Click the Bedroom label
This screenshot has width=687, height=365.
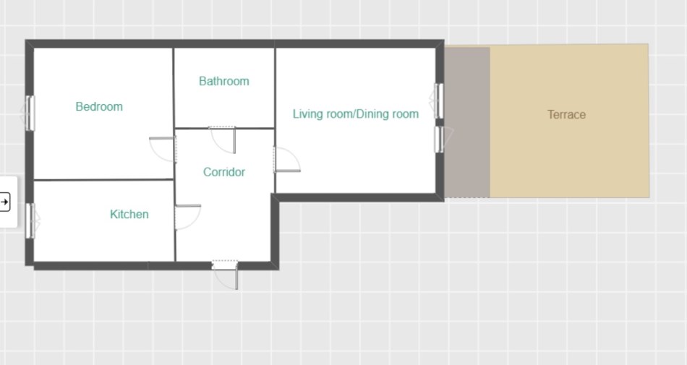(99, 107)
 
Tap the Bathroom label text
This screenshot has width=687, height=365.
(224, 82)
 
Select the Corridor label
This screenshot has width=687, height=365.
(224, 172)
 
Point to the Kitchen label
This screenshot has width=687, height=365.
(129, 215)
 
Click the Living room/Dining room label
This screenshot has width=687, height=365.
(356, 114)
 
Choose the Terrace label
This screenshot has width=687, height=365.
(566, 115)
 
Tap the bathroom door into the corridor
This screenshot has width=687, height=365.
(223, 140)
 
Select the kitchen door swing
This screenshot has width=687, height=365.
(193, 221)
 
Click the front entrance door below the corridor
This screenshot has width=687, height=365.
(225, 275)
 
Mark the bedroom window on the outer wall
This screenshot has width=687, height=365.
(30, 113)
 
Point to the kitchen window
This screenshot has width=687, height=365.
(30, 221)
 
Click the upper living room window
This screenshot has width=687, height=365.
(438, 101)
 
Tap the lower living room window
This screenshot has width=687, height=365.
(440, 139)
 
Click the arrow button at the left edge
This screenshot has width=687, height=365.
(4, 202)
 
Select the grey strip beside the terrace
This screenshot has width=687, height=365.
(467, 122)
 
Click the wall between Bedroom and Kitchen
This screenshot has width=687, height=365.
(104, 179)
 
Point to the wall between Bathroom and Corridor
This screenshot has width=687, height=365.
(224, 128)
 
